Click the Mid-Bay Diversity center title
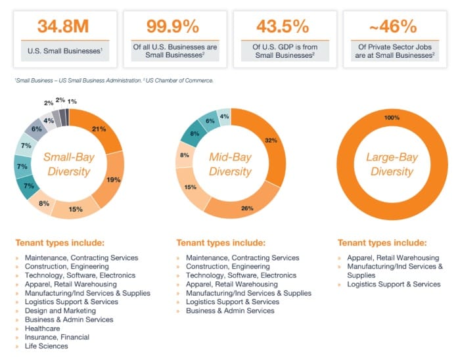(230, 164)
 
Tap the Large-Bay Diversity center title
(392, 164)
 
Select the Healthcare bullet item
(42, 328)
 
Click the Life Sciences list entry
(46, 346)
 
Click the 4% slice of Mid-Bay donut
(224, 116)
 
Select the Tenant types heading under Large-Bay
(382, 242)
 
